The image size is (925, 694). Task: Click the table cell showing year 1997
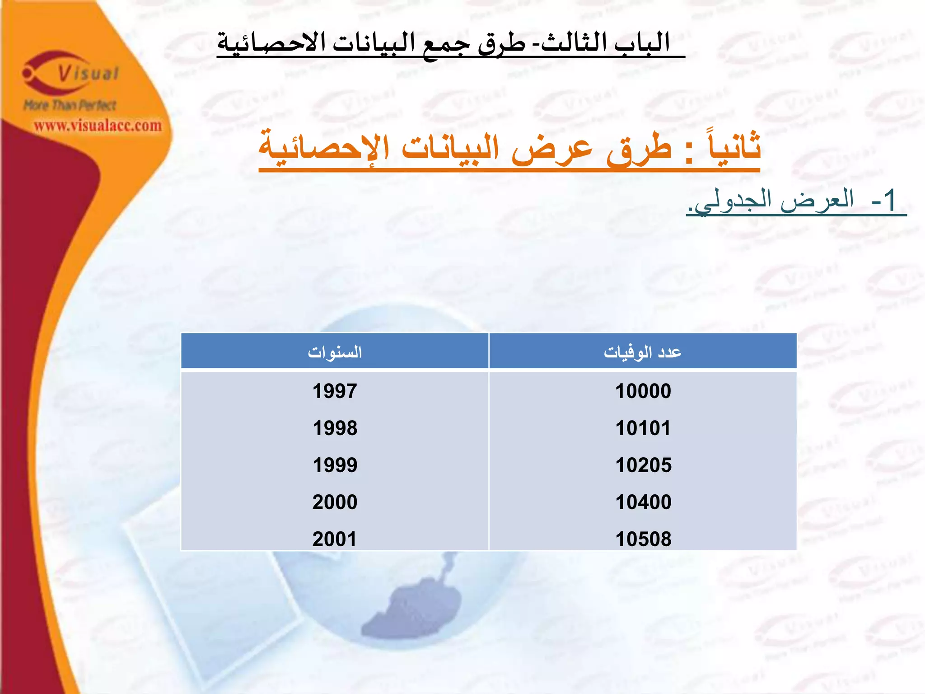click(335, 391)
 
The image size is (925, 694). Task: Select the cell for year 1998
click(335, 428)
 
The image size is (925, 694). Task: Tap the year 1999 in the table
click(335, 465)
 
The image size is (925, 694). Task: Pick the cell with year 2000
click(335, 502)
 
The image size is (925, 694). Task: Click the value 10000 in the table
click(643, 391)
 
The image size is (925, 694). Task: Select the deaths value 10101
click(643, 428)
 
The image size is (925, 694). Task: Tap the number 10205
click(643, 465)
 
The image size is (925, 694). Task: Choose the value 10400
click(643, 502)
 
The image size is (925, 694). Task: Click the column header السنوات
click(335, 352)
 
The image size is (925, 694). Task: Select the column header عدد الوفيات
click(643, 352)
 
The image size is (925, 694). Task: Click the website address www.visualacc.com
click(98, 126)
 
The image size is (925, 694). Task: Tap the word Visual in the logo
click(89, 74)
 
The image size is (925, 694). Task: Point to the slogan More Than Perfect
click(70, 105)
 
